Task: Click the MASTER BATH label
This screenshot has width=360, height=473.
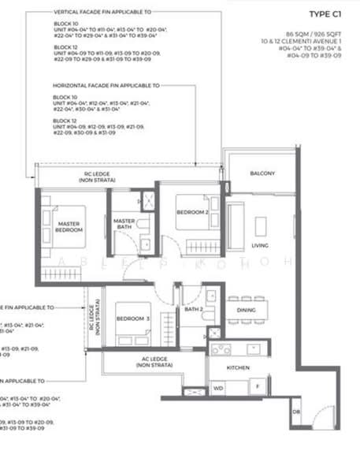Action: [x=125, y=224]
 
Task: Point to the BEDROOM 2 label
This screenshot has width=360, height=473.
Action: [x=193, y=213]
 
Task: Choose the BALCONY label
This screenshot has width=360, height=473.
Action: [x=262, y=173]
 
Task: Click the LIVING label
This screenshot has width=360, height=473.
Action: [x=260, y=245]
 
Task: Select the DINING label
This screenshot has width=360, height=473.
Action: [x=247, y=310]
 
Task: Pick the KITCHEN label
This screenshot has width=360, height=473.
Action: [x=238, y=367]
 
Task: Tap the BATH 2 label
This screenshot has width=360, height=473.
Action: [x=193, y=309]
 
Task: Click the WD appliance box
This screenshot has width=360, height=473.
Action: [x=218, y=388]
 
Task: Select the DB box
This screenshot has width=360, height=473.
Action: [x=296, y=412]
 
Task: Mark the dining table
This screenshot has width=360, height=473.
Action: [x=247, y=310]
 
